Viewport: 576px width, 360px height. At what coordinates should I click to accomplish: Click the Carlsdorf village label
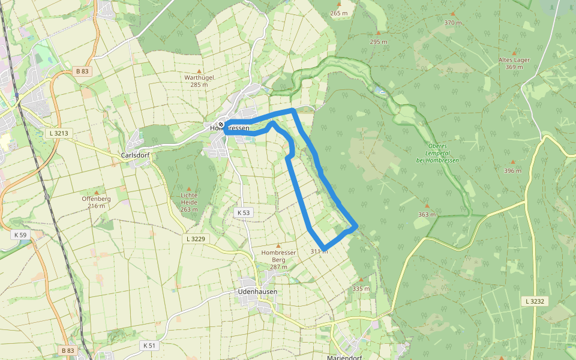tap(135, 155)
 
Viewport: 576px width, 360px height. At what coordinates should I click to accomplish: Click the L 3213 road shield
tap(58, 133)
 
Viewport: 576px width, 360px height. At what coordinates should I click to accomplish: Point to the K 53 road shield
tap(243, 212)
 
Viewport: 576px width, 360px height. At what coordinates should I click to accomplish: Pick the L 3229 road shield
tap(195, 239)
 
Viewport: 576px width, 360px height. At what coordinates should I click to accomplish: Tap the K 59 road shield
tap(19, 235)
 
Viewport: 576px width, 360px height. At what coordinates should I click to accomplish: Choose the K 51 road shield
tap(149, 345)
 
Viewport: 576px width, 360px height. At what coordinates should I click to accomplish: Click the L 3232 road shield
tap(533, 301)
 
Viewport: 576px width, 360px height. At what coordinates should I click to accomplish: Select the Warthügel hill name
tap(199, 77)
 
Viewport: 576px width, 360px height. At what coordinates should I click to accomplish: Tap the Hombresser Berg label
tap(279, 256)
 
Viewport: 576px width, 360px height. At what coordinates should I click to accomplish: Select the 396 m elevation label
tap(513, 171)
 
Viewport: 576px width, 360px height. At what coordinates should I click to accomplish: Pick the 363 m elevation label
tap(427, 214)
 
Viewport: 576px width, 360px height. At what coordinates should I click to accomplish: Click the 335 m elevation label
tap(361, 289)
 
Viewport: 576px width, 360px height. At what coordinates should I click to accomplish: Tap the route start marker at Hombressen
tap(221, 125)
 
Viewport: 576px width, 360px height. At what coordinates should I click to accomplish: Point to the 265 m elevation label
tap(339, 13)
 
